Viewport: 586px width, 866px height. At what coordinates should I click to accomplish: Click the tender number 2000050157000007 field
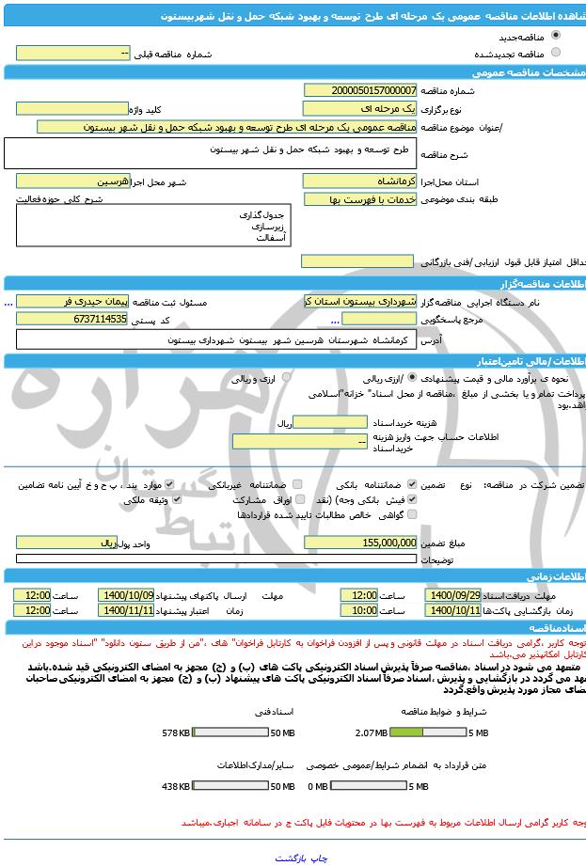tap(360, 90)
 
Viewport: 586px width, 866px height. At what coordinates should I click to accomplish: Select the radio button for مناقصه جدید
tap(555, 38)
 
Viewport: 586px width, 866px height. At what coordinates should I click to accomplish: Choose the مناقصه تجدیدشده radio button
tap(555, 54)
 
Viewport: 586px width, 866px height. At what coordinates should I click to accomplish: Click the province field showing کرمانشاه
tap(360, 181)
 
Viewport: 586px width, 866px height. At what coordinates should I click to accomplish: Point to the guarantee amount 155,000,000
tap(360, 543)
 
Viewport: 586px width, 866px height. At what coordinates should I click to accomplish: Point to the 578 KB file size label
tap(176, 732)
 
